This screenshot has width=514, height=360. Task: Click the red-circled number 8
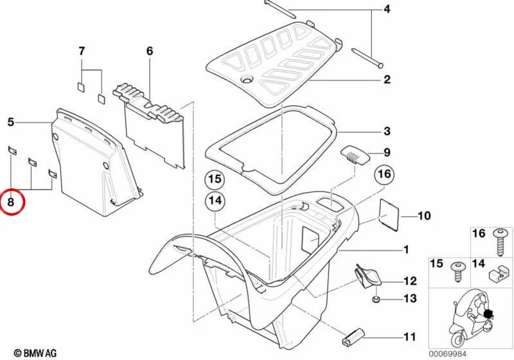(x=11, y=202)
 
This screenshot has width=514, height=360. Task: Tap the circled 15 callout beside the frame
(x=215, y=179)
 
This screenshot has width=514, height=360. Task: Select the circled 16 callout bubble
(x=384, y=174)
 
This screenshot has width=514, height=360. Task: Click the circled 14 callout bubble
(x=215, y=201)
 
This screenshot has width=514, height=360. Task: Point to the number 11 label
(x=409, y=337)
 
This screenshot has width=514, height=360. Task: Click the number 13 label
(x=410, y=298)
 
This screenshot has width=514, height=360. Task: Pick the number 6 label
(x=150, y=51)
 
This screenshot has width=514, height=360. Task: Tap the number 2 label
(x=387, y=79)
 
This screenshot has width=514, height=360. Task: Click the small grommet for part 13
(x=377, y=299)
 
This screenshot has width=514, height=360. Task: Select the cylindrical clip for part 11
(x=353, y=336)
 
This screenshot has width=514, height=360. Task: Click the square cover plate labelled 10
(x=389, y=215)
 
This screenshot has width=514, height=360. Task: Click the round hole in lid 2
(x=246, y=79)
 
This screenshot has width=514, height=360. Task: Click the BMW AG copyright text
(x=35, y=353)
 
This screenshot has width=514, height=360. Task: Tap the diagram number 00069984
(x=447, y=354)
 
